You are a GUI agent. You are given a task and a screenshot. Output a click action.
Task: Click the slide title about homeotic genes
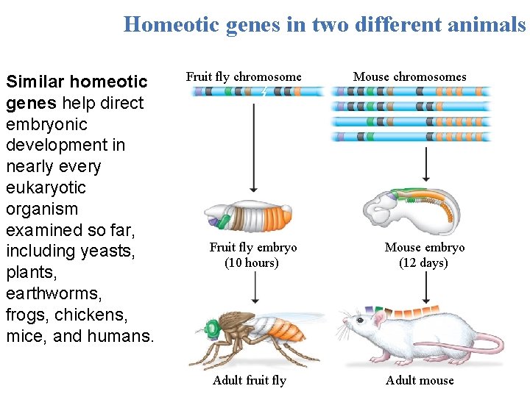pos(325,24)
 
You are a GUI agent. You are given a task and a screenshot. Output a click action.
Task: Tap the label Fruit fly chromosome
pos(244,76)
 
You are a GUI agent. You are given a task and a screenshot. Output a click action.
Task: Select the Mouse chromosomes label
pos(410,76)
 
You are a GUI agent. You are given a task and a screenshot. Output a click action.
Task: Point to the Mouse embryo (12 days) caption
pos(425,255)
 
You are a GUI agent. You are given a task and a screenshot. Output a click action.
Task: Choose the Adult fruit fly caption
pos(249,380)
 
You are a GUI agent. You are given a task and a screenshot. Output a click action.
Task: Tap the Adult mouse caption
pos(420,380)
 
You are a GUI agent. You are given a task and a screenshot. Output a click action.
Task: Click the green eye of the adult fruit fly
pos(212,327)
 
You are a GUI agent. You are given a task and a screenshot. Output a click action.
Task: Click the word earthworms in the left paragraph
pos(54,294)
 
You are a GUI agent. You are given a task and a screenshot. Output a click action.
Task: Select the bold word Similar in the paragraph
pos(36,82)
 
